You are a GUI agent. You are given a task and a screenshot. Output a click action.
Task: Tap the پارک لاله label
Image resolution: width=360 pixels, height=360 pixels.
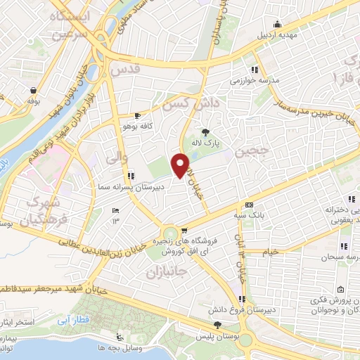207,142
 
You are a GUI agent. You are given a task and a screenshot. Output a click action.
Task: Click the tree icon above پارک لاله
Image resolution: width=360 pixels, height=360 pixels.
205,131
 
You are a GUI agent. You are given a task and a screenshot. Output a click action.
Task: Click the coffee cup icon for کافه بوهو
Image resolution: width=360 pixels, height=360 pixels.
138,115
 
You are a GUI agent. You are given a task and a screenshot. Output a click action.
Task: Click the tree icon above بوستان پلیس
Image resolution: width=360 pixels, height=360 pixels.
218,325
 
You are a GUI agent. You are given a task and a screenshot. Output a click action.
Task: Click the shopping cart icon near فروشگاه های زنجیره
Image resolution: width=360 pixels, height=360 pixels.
184,230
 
